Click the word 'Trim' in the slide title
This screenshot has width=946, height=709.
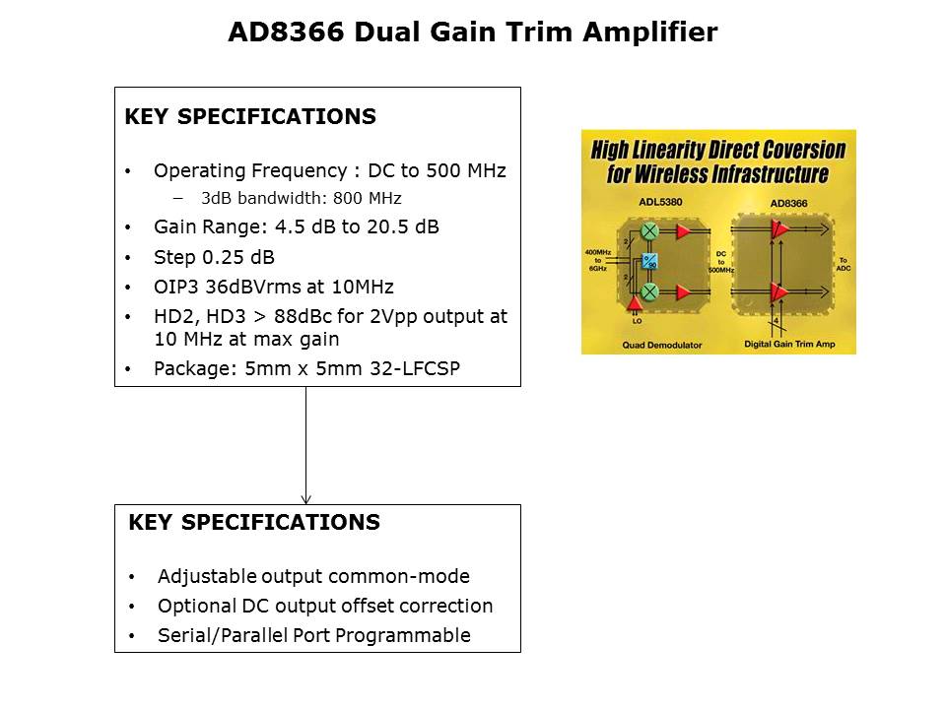(x=538, y=32)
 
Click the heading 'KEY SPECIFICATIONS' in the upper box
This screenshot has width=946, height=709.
(x=250, y=117)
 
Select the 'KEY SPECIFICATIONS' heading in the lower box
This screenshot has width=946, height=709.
(x=254, y=523)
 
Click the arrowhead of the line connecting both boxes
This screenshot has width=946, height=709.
(x=305, y=498)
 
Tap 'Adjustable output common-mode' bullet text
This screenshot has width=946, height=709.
(x=313, y=576)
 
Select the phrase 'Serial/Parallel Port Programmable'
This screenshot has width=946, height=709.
(x=313, y=635)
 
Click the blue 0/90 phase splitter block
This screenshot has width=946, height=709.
(x=648, y=261)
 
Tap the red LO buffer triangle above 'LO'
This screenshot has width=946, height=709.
(x=633, y=306)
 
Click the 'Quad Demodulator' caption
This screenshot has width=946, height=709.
(x=659, y=345)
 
